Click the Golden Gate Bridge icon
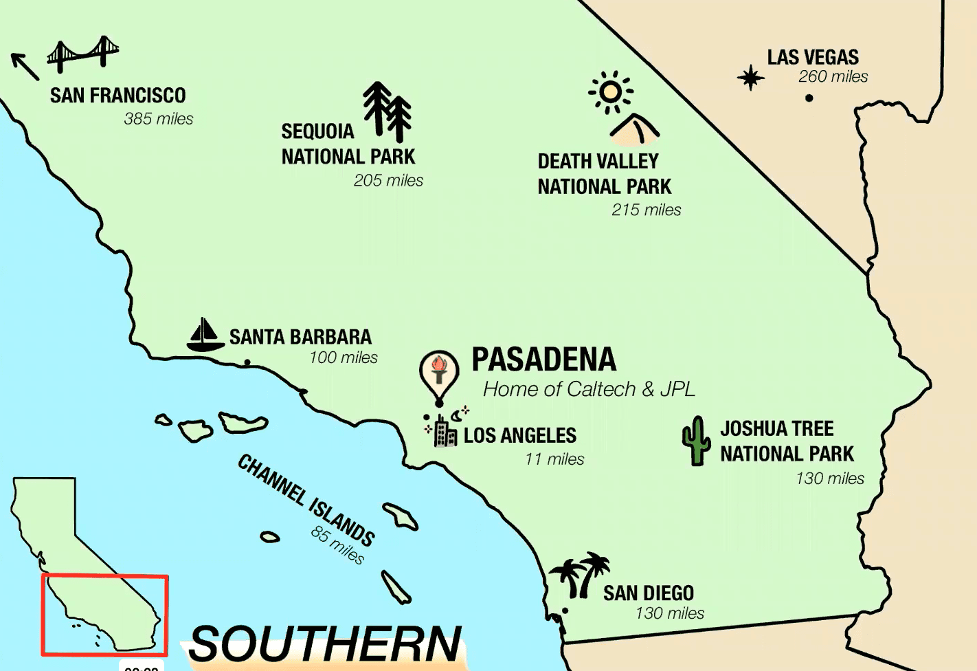pos(83,54)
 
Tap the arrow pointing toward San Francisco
pos(25,66)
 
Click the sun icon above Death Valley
pos(610,91)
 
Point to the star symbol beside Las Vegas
pos(750,77)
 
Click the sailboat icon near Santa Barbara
pos(204,335)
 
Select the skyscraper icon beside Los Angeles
pos(445,430)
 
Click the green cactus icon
pos(696,441)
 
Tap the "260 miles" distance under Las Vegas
pos(833,77)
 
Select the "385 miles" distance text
pos(158,119)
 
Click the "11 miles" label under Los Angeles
pos(554,459)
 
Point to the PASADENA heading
pos(543,360)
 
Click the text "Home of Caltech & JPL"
pos(589,389)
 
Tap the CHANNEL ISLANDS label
pos(306,500)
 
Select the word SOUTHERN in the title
pos(325,644)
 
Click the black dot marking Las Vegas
pos(809,98)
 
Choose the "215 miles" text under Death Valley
pos(646,210)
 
